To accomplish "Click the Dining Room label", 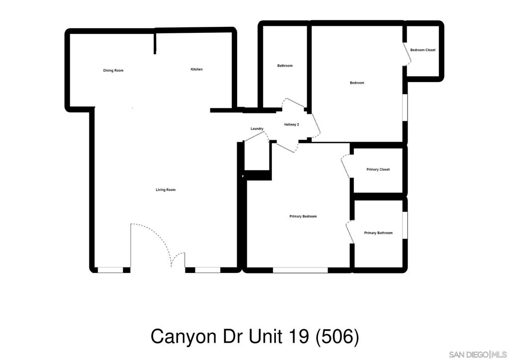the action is [113, 71].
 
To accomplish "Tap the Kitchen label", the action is [196, 69].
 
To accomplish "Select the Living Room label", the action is [166, 190].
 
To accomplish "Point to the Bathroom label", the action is [285, 66].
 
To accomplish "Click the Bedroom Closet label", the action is [423, 50].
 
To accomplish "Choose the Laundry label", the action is [257, 129].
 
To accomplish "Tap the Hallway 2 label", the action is [291, 124].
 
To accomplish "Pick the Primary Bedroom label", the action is [303, 216].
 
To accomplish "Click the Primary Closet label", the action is [378, 170].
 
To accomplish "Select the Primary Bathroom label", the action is [378, 233].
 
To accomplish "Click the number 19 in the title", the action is [297, 336].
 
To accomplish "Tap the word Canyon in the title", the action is [183, 337].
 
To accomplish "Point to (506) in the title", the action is [338, 337].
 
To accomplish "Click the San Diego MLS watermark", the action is [478, 354].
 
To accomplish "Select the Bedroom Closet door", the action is [407, 53].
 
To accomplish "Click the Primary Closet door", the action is [346, 166].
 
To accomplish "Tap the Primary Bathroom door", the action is [350, 231].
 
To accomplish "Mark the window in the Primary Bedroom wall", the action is [300, 270].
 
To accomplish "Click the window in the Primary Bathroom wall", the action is [405, 225].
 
